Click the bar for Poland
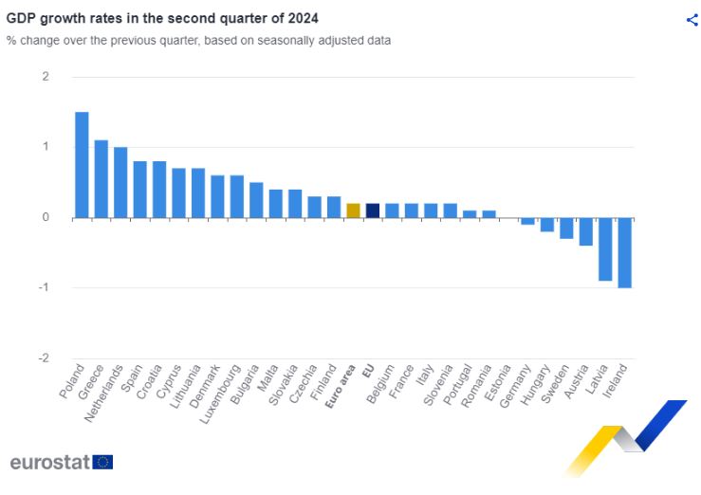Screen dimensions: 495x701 pos(82,165)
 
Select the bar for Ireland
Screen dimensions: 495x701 pos(625,252)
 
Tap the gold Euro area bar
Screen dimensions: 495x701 pos(353,211)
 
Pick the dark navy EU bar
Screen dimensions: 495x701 pos(372,211)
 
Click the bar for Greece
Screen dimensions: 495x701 pos(101,179)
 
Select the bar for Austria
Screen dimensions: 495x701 pos(586,231)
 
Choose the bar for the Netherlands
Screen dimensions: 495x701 pos(120,182)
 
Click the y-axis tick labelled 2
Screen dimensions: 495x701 pos(46,77)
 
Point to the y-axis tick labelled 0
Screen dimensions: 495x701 pos(46,217)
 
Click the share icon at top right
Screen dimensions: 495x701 pos(692,20)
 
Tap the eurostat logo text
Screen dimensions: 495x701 pos(49,462)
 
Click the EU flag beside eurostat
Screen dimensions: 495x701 pos(103,462)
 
